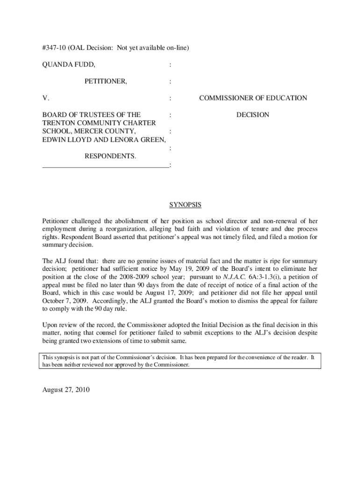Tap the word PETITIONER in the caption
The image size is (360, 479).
click(x=105, y=81)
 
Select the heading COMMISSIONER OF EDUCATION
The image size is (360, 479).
click(x=253, y=98)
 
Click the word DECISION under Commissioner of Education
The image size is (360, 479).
click(x=252, y=115)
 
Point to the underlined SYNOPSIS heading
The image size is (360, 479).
click(x=185, y=205)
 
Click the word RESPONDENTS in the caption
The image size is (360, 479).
click(x=110, y=156)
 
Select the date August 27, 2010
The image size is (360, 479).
click(x=66, y=390)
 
